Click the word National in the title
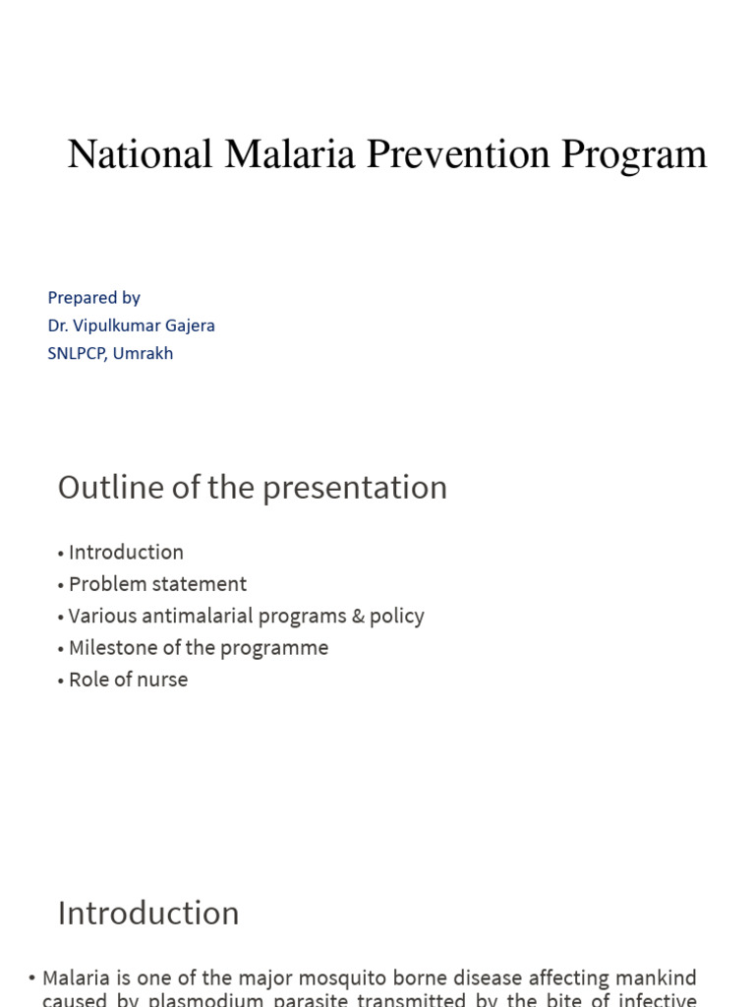coord(141,154)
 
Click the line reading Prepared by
coord(93,297)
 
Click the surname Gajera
coord(191,326)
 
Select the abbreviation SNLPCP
coord(77,353)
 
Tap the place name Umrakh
coord(144,353)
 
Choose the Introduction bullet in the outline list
coord(126,552)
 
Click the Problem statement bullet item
coord(157,584)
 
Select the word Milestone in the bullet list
coord(111,647)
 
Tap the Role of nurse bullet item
coord(128,680)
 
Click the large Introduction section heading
coord(148,913)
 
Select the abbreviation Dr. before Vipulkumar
coord(58,326)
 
